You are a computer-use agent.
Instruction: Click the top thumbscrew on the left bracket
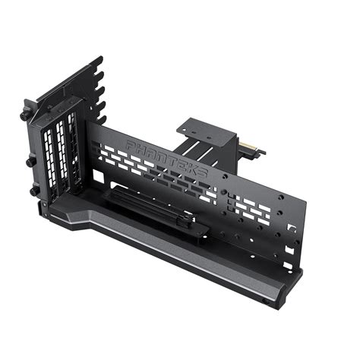click(24, 116)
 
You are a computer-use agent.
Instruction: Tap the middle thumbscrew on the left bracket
click(28, 161)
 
